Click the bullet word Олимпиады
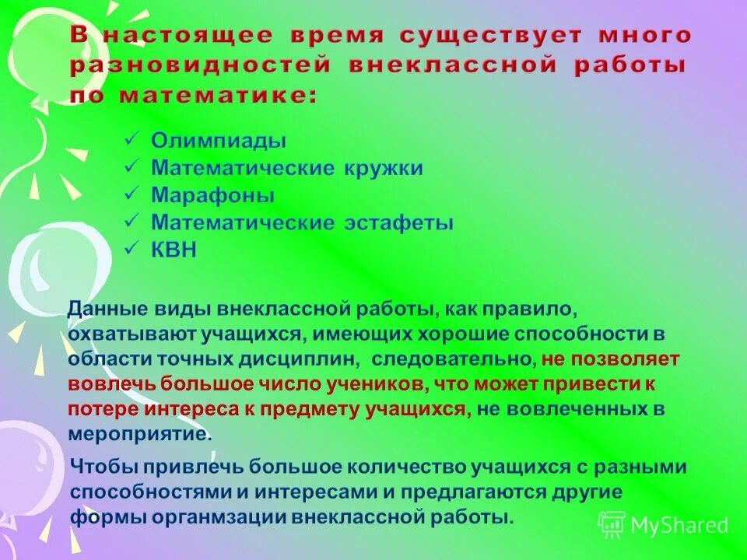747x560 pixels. pos(219,141)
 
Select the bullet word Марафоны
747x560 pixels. pos(212,195)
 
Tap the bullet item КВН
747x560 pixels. pos(174,250)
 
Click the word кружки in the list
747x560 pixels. pos(381,168)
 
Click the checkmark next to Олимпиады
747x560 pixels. pos(132,140)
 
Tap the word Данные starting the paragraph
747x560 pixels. pos(107,309)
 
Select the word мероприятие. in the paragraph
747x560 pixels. pos(140,433)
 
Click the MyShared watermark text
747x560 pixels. pos(679,525)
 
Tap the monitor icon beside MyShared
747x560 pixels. pos(612,525)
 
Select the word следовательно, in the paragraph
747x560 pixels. pos(454,359)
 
